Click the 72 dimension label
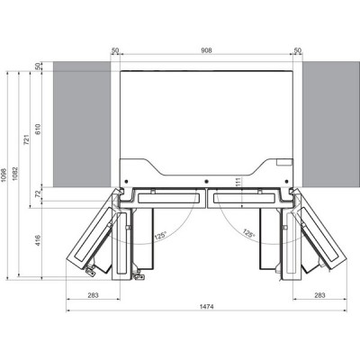point(39,193)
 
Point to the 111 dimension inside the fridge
point(212,183)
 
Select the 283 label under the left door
point(94,294)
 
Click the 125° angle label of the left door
point(159,236)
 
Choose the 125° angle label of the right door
point(247,233)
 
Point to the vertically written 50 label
point(39,67)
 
